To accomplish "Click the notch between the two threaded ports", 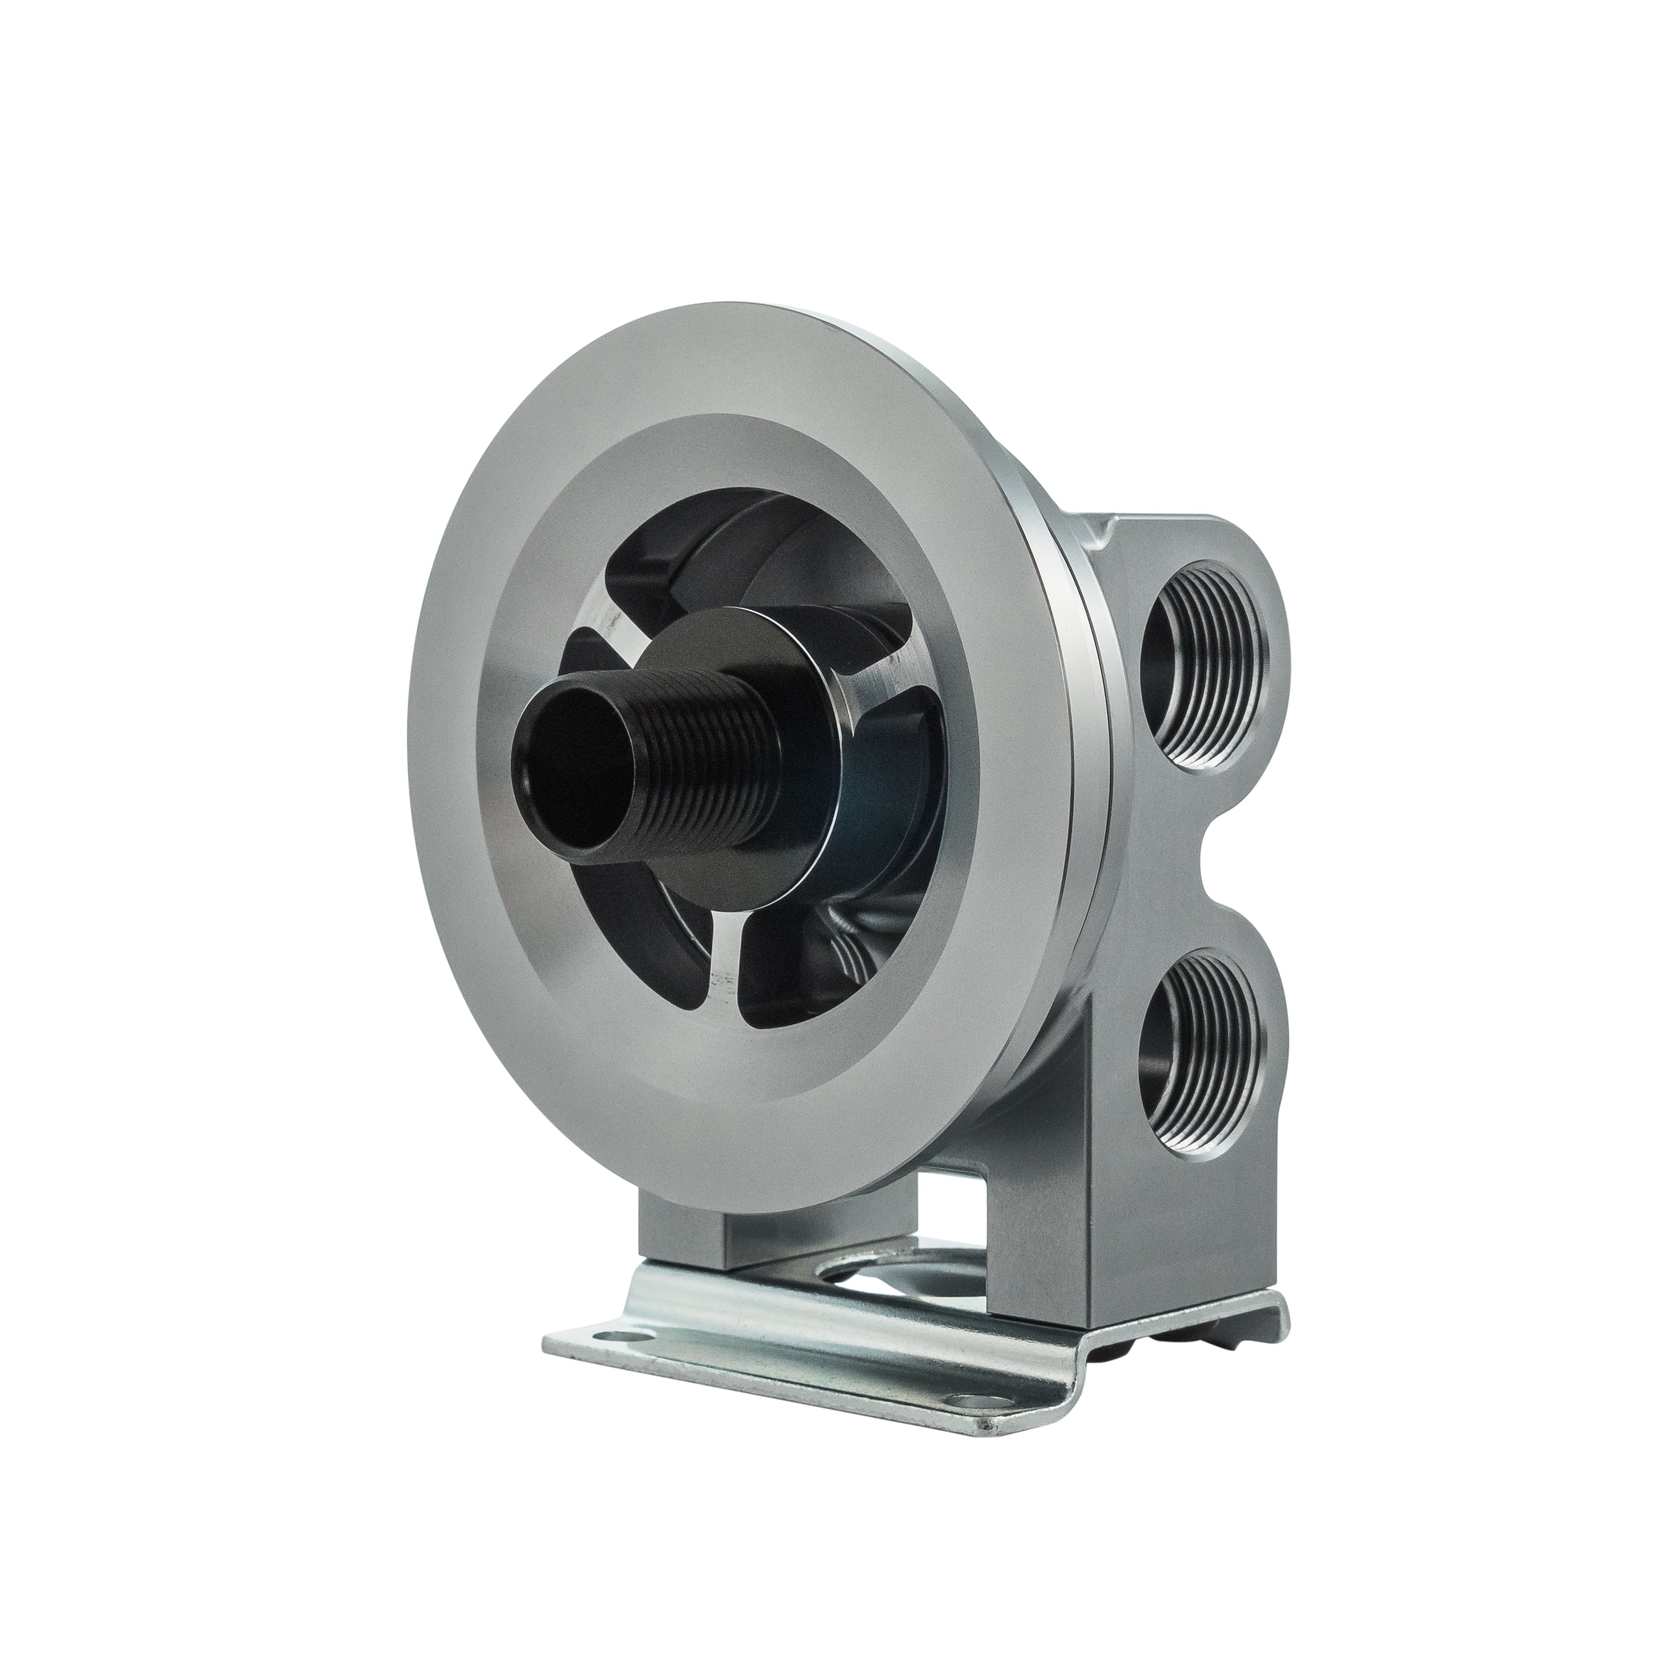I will pyautogui.click(x=1215, y=859).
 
